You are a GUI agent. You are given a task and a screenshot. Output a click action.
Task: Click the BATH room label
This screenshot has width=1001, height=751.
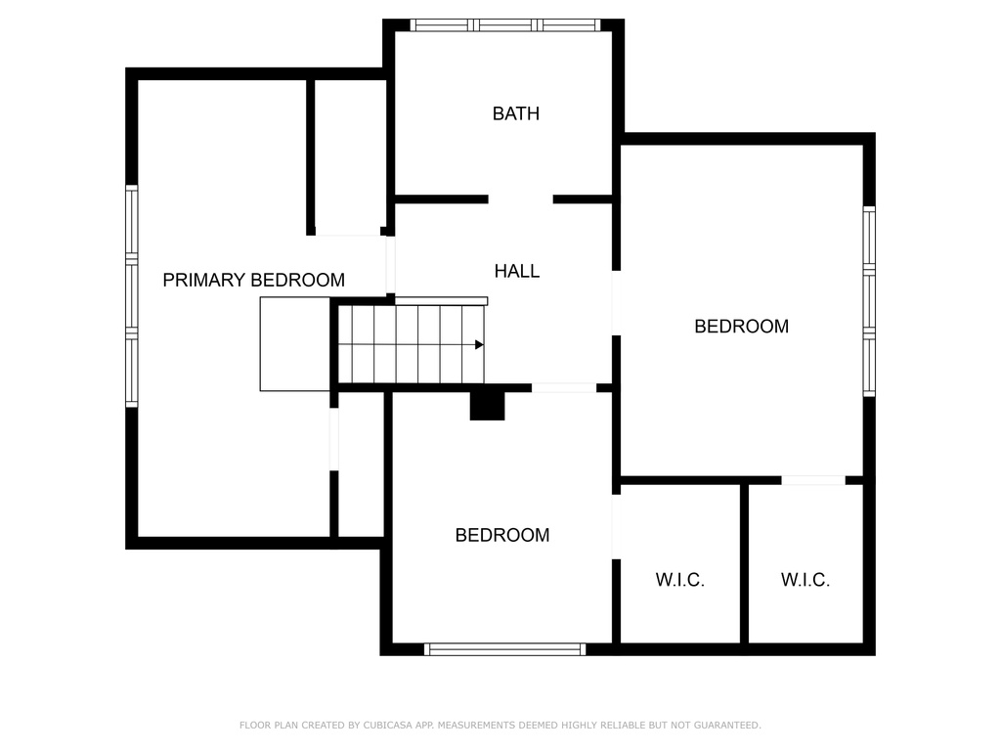(516, 113)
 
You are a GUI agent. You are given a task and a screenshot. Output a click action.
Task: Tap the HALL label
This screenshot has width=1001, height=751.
(517, 272)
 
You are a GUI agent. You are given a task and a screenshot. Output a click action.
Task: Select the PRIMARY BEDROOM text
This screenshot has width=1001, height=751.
(253, 280)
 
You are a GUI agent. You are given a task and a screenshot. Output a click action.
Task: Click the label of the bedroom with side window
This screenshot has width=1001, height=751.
(741, 327)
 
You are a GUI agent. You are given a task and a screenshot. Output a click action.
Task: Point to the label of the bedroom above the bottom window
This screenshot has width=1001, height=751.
(502, 535)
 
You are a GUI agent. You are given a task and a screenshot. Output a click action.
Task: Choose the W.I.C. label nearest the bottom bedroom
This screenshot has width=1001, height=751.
(680, 580)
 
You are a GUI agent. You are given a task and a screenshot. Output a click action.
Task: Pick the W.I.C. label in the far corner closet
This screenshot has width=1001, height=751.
(805, 580)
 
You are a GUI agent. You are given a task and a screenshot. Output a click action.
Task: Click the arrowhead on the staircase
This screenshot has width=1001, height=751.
(479, 345)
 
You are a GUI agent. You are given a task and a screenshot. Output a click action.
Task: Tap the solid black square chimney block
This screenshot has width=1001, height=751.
(487, 406)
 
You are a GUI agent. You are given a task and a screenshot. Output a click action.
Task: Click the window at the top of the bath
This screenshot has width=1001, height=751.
(505, 24)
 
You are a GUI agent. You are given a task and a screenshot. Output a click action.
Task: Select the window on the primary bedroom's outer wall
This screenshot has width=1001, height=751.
(132, 295)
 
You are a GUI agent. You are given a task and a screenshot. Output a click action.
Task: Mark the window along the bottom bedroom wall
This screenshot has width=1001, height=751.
(505, 649)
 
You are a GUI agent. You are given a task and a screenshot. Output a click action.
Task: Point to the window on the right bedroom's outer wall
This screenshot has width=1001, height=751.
(869, 301)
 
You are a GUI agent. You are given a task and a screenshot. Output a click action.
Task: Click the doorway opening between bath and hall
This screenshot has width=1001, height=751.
(520, 199)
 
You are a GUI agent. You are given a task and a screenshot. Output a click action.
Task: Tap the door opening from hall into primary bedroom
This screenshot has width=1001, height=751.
(390, 265)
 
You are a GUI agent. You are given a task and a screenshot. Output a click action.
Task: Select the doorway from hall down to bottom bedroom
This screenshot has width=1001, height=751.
(564, 387)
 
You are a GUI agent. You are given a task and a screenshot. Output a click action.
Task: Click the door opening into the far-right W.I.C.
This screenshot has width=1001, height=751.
(813, 480)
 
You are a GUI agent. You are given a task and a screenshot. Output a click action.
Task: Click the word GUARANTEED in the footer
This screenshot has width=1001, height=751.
(727, 725)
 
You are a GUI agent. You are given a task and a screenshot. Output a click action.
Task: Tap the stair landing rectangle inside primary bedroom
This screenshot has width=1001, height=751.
(295, 343)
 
